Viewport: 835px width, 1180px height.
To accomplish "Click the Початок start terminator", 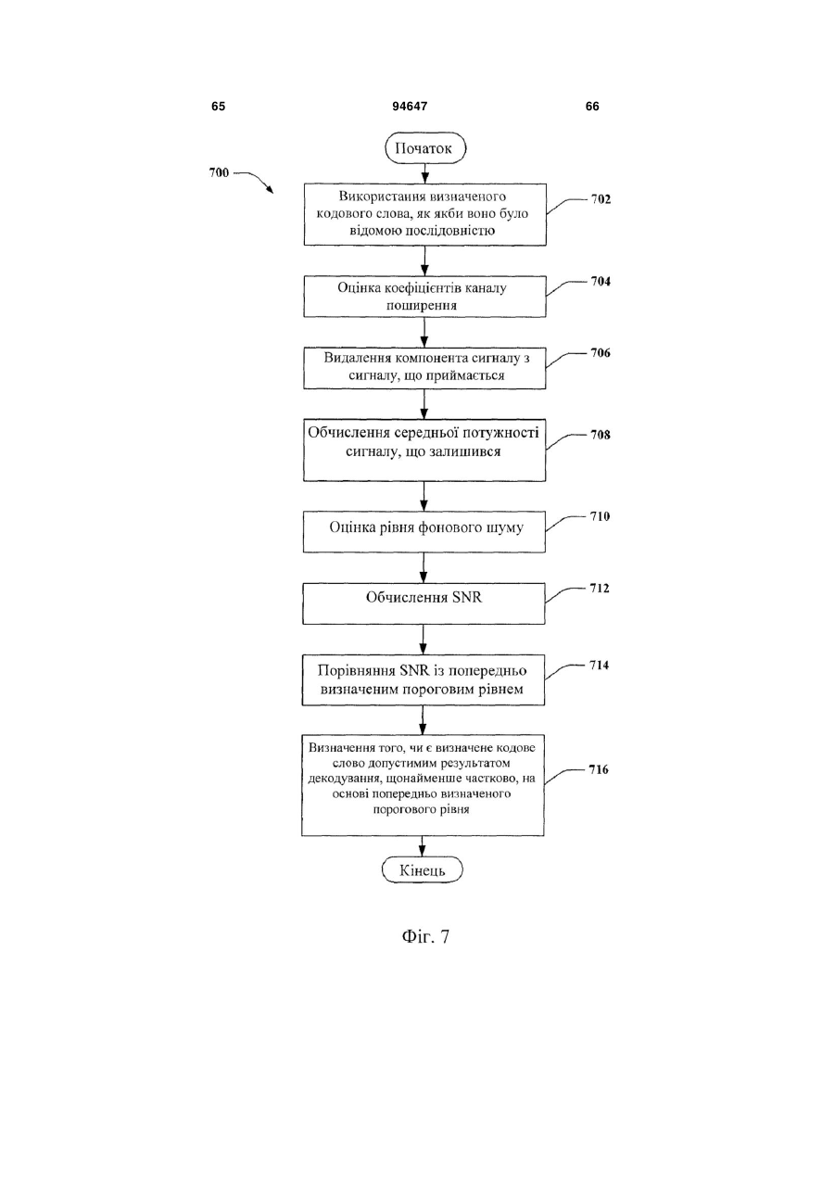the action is pyautogui.click(x=425, y=148).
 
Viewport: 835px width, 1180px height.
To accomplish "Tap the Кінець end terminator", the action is pyautogui.click(x=422, y=869).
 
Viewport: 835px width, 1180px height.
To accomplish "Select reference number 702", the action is pyautogui.click(x=601, y=199).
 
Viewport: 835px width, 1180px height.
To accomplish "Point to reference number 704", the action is pyautogui.click(x=600, y=281).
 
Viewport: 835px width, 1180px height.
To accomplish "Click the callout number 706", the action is pyautogui.click(x=600, y=353).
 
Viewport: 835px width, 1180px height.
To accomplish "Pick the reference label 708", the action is pyautogui.click(x=600, y=435).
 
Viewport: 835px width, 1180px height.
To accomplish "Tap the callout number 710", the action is pyautogui.click(x=600, y=516).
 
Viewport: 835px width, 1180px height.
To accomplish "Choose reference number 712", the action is pyautogui.click(x=599, y=588).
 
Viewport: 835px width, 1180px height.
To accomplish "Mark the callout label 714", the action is pyautogui.click(x=599, y=666).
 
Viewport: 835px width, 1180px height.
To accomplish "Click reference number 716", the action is pyautogui.click(x=599, y=769).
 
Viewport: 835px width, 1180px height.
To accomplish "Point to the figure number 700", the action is pyautogui.click(x=219, y=172).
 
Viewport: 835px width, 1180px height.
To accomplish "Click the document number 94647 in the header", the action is pyautogui.click(x=410, y=107).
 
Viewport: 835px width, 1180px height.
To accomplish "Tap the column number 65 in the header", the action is pyautogui.click(x=218, y=107).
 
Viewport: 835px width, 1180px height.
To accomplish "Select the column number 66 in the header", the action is pyautogui.click(x=592, y=107).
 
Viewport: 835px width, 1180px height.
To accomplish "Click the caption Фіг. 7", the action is pyautogui.click(x=425, y=936).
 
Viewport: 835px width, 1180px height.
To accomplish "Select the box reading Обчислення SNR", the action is pyautogui.click(x=424, y=603).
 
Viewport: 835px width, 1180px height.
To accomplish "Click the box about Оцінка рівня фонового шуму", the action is pyautogui.click(x=424, y=532).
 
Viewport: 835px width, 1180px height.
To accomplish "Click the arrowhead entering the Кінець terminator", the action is pyautogui.click(x=422, y=852).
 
